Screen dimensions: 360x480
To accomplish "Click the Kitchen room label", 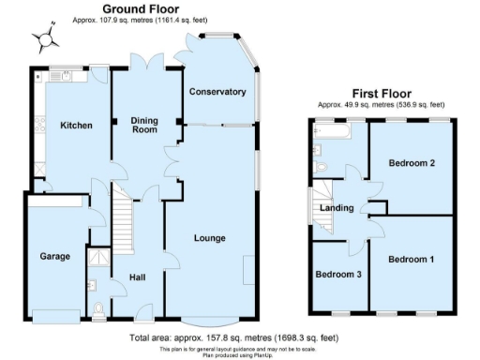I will (x=76, y=126).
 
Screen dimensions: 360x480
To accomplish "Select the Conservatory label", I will (x=217, y=92).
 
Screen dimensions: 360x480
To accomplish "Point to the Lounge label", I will (x=209, y=238).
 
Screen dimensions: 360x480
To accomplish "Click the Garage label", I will (x=54, y=256).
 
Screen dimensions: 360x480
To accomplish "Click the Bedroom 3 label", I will (x=337, y=275).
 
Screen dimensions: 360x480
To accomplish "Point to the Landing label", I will (x=337, y=208).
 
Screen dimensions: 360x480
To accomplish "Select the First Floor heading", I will (x=382, y=93).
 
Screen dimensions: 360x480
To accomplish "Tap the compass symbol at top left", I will (x=43, y=39).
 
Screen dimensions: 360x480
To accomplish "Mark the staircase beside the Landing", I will (x=320, y=208).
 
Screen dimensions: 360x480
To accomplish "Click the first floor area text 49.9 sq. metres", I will (x=382, y=104).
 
